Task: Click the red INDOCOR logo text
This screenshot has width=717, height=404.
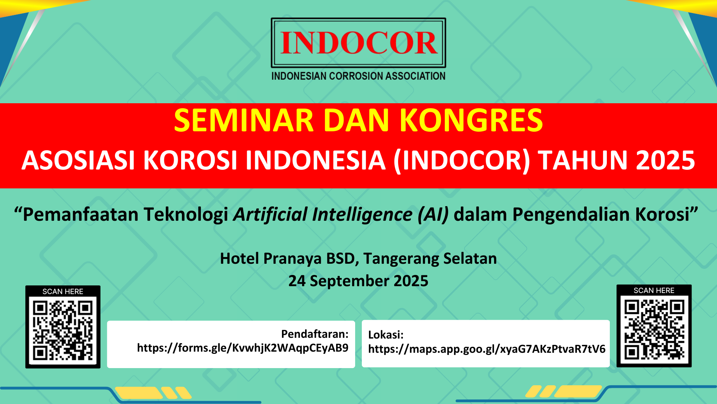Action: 358,43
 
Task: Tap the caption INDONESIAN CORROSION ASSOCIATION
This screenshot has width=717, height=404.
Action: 358,76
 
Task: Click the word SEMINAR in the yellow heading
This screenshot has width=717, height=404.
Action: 244,120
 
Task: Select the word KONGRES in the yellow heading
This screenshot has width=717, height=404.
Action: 471,120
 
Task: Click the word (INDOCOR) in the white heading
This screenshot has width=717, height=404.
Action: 462,161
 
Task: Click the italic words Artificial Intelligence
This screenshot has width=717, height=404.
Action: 323,215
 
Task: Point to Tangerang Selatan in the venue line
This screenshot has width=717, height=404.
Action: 430,259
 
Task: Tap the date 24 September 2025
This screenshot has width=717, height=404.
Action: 358,281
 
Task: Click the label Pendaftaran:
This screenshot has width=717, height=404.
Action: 315,334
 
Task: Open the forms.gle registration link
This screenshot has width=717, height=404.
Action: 243,348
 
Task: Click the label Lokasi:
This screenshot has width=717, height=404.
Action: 386,335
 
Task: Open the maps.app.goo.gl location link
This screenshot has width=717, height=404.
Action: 487,349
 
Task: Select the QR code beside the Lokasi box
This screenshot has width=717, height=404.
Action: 654,329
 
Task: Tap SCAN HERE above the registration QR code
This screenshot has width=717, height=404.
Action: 63,291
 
